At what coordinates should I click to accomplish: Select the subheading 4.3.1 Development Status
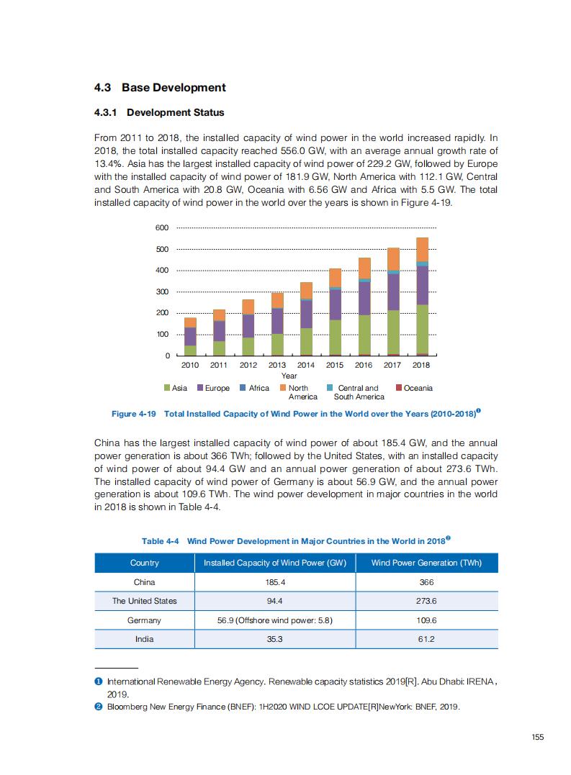(x=159, y=113)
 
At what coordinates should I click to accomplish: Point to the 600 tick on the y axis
(x=162, y=228)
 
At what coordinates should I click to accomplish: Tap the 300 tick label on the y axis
(x=162, y=292)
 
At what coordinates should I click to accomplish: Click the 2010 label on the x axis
(x=190, y=365)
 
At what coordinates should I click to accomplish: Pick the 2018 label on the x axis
(x=421, y=365)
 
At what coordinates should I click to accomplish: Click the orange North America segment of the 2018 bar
(x=422, y=249)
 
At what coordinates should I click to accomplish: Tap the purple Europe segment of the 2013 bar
(x=277, y=321)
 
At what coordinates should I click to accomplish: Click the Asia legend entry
(x=176, y=389)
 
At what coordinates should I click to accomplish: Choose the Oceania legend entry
(x=414, y=389)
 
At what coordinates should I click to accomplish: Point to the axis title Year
(x=289, y=376)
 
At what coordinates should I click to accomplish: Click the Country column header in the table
(x=145, y=563)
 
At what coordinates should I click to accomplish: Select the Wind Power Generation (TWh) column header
(x=426, y=563)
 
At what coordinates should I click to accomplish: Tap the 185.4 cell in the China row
(x=275, y=582)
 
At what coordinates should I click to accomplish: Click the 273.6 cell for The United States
(x=426, y=601)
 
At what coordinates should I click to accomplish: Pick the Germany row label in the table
(x=145, y=620)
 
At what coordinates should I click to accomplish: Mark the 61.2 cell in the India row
(x=426, y=639)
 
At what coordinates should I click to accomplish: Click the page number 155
(x=537, y=736)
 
